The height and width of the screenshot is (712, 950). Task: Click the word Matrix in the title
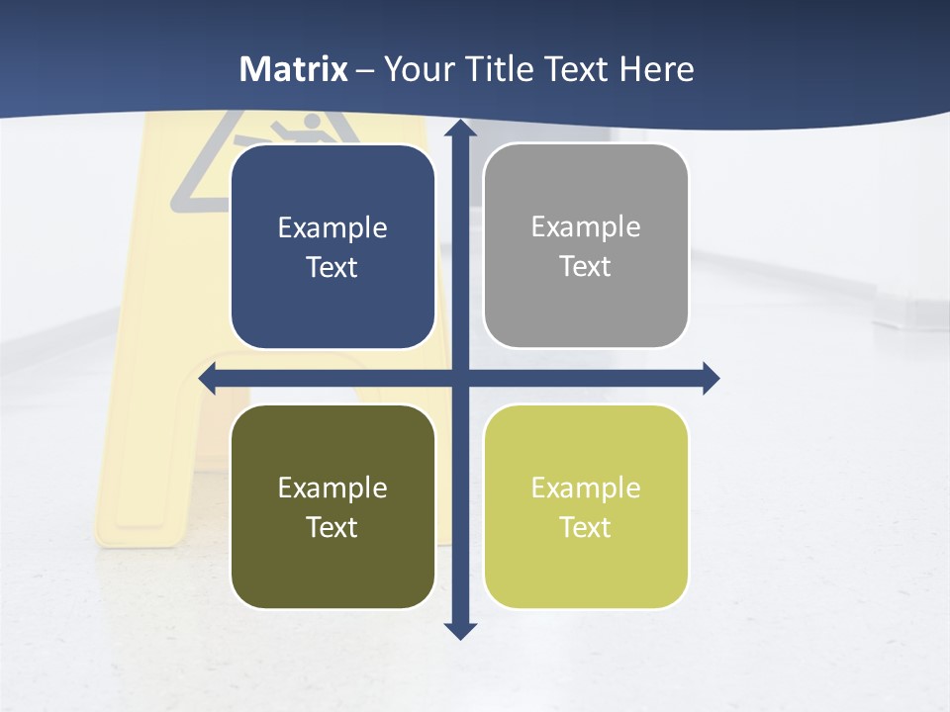(294, 69)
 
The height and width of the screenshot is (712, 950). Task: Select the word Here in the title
(657, 69)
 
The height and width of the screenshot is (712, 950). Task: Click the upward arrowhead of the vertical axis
(461, 128)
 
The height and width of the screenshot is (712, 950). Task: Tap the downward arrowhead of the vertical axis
(461, 631)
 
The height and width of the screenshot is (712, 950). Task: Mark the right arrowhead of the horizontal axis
(711, 379)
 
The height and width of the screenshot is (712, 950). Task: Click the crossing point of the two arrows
(461, 379)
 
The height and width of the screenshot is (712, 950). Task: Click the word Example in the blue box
(332, 228)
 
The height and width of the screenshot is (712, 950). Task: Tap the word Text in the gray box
(586, 267)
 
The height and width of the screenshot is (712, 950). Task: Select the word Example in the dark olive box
(332, 488)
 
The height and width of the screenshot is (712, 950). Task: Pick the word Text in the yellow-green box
(586, 527)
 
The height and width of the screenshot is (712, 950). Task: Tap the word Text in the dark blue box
(332, 268)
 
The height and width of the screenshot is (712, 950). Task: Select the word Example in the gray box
(586, 227)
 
